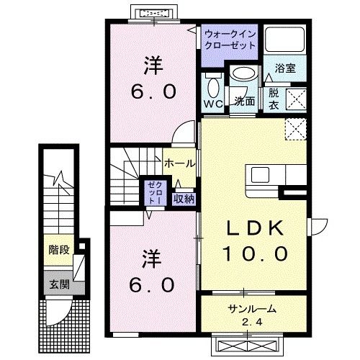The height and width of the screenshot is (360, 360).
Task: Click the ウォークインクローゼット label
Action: click(x=230, y=39)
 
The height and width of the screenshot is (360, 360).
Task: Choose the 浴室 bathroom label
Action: click(x=284, y=68)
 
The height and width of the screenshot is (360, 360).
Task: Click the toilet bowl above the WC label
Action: click(x=213, y=87)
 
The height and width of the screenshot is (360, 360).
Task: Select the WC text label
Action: click(x=213, y=105)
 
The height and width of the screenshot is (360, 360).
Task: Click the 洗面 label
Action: click(x=245, y=102)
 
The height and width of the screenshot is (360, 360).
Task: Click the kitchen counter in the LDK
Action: click(x=273, y=176)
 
